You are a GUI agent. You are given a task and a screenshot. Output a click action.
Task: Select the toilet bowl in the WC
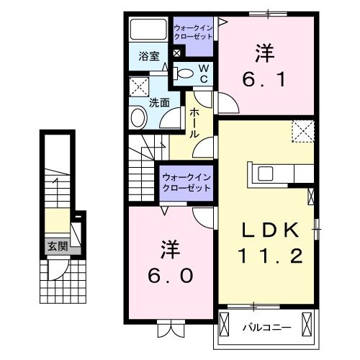click(x=184, y=73)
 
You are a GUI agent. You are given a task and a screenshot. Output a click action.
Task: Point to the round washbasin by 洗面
click(x=138, y=117)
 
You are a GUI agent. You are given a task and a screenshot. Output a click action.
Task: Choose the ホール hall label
click(x=194, y=124)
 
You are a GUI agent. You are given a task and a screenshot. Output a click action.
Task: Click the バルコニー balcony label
click(x=267, y=327)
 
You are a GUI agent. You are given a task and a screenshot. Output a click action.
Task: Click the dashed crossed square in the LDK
click(x=302, y=132)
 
